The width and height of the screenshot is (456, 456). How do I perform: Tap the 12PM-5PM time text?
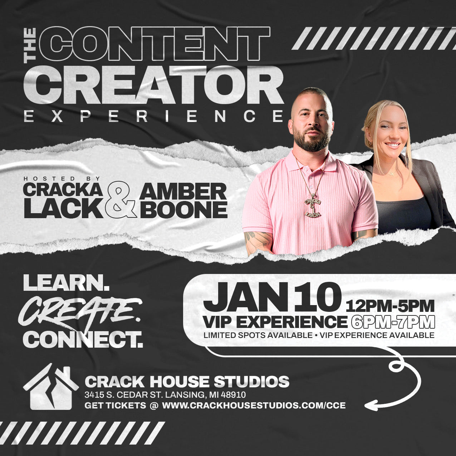(x=390, y=306)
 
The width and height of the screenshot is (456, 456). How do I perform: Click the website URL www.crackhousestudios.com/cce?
(x=254, y=406)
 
